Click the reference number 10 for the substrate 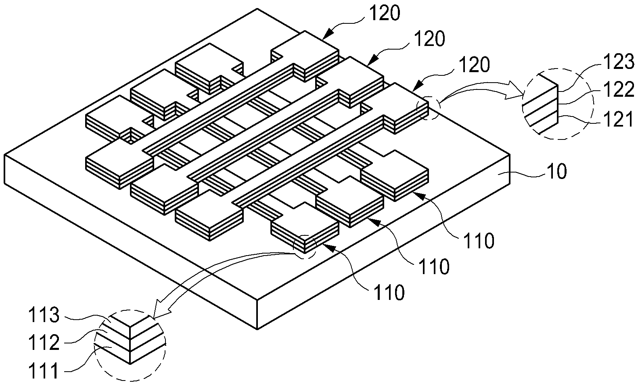[x=557, y=172]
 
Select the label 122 [x=619, y=89]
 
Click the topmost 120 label [x=385, y=13]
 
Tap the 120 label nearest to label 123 [x=475, y=65]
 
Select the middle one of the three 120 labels [x=429, y=39]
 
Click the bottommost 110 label [x=389, y=292]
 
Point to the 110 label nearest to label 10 [x=479, y=241]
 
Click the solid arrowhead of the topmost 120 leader [x=328, y=33]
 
